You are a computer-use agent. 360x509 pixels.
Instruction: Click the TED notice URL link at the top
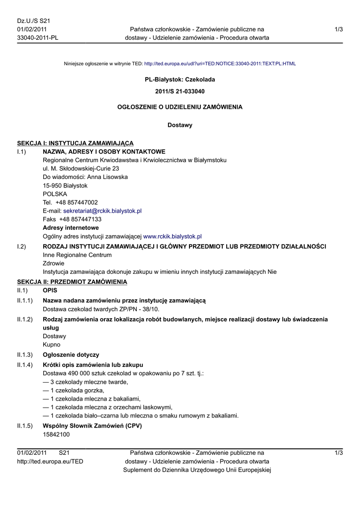[x=220, y=64]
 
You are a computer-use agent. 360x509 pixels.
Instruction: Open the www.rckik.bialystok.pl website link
[x=172, y=237]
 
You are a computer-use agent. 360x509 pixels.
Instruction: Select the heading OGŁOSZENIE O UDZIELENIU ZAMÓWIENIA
[x=180, y=107]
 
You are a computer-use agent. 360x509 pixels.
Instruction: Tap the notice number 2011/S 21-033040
[x=180, y=91]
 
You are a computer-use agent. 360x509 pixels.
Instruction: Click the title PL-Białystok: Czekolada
[x=180, y=79]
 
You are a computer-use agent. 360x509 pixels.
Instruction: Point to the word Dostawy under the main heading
[x=180, y=125]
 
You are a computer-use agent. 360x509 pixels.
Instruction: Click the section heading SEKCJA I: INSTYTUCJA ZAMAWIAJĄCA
[x=75, y=143]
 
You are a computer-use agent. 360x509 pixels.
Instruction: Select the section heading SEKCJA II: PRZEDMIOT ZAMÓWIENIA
[x=72, y=282]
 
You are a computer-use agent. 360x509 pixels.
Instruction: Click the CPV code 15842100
[x=56, y=434]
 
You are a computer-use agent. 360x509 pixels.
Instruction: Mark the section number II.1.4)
[x=25, y=365]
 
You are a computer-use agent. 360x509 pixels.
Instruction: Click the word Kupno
[x=52, y=344]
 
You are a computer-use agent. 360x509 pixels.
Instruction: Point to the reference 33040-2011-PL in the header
[x=38, y=38]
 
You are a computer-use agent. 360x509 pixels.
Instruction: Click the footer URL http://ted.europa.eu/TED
[x=50, y=461]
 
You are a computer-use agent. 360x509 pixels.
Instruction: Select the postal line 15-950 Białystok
[x=65, y=185]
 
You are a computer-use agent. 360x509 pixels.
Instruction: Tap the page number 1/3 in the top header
[x=339, y=29]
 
